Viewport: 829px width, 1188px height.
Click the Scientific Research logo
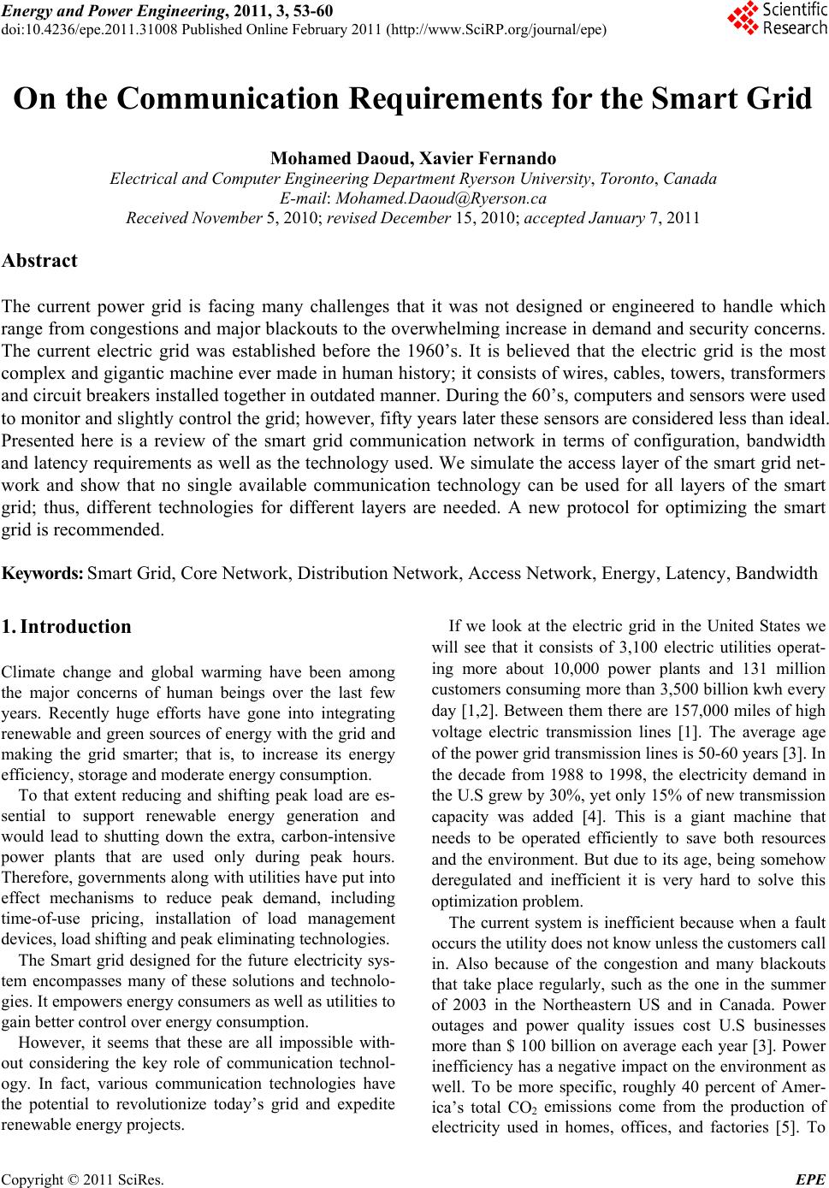777,19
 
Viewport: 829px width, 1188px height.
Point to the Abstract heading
39,261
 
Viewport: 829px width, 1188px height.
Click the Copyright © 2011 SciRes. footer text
82,1179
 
